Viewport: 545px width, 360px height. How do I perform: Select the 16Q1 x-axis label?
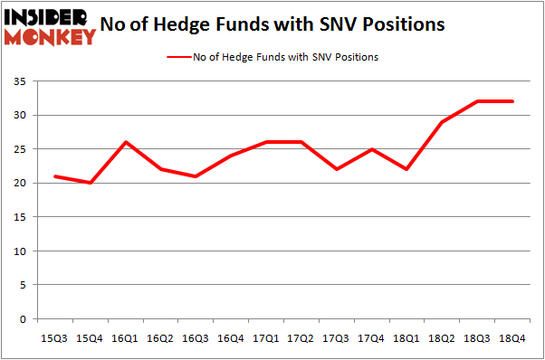125,337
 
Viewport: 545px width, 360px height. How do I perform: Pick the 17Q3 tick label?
338,337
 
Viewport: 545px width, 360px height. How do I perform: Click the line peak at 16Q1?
125,142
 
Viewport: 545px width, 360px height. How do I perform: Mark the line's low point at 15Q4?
90,183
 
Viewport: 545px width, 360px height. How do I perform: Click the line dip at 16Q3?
196,176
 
